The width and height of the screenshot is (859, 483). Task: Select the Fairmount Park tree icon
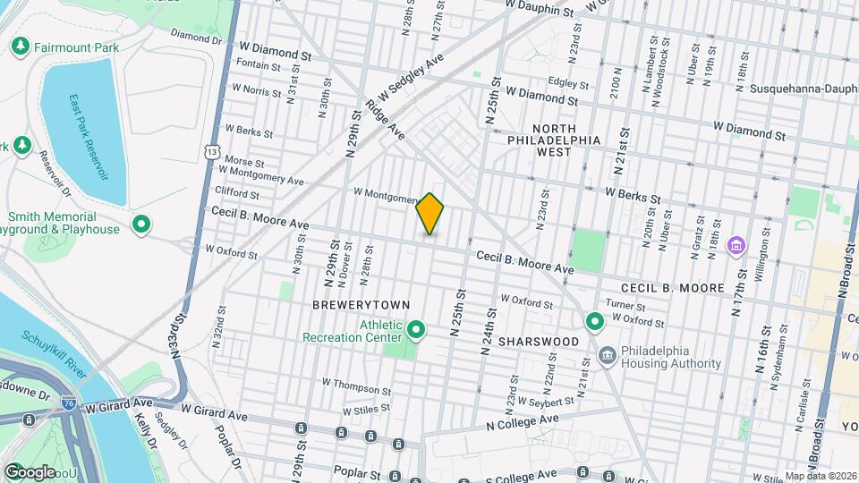click(21, 45)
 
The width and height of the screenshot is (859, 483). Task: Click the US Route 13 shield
click(211, 153)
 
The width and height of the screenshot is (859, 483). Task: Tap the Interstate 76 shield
click(70, 404)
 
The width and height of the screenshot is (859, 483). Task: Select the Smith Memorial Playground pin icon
click(140, 224)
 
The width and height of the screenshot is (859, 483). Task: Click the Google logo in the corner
click(30, 471)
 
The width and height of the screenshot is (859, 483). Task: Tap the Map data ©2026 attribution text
click(820, 475)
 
